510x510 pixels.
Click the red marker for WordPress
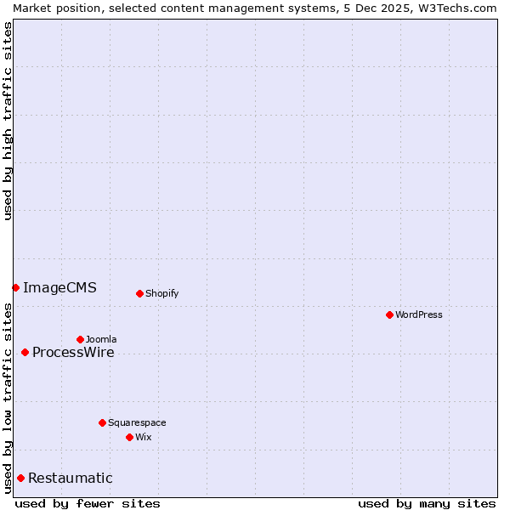tap(389, 314)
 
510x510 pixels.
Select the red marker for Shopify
tap(139, 293)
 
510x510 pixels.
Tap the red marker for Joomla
tap(80, 339)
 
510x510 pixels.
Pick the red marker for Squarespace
tap(102, 422)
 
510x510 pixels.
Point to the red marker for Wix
tap(129, 437)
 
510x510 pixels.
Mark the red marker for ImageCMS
tap(15, 287)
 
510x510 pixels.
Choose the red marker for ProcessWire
tap(25, 352)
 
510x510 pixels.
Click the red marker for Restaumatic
tap(20, 478)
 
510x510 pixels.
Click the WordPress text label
tap(419, 314)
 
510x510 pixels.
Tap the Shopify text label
tap(162, 293)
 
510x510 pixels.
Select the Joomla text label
tap(101, 339)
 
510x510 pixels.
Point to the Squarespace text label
tap(137, 422)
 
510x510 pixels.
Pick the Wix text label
tap(144, 437)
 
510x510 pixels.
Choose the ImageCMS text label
tap(59, 287)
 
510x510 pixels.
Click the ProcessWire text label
tap(73, 352)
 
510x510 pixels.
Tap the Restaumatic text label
tap(71, 478)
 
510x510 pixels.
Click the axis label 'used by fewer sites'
tap(88, 503)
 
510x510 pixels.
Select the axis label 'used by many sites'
tap(426, 503)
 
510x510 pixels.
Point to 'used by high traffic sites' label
tap(8, 121)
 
